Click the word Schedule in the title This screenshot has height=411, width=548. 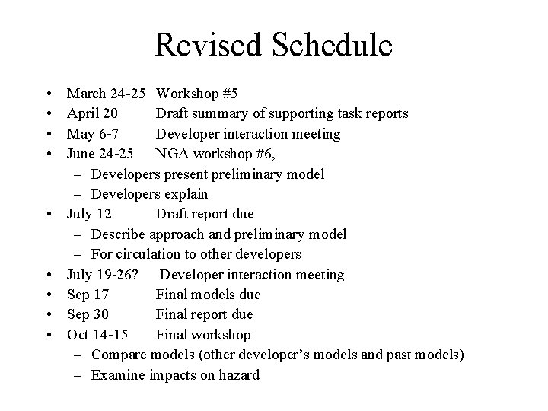[x=330, y=45]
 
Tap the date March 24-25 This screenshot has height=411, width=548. [x=107, y=94]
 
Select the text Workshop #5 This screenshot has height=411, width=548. [x=196, y=94]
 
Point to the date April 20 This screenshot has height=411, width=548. [x=91, y=114]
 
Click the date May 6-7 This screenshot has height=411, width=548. [x=92, y=134]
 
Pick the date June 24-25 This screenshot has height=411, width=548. [x=103, y=154]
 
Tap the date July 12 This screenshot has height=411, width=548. [x=90, y=214]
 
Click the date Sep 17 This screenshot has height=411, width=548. [x=88, y=294]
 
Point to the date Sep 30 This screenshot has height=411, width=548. [x=88, y=314]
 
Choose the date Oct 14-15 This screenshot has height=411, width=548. [x=97, y=334]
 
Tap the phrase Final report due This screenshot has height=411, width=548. [x=204, y=314]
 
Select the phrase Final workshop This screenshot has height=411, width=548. [x=203, y=334]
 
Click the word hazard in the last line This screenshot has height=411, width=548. [x=237, y=374]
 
